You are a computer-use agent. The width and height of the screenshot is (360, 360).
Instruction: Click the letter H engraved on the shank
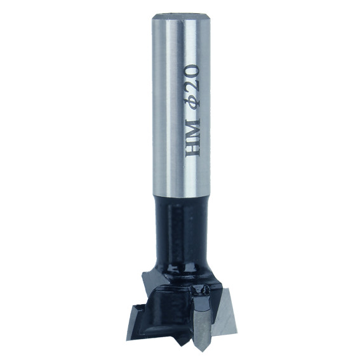point(192,148)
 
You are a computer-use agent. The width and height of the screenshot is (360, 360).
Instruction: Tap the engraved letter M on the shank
point(192,129)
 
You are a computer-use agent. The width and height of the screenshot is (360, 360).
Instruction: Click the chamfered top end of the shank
point(181,17)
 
